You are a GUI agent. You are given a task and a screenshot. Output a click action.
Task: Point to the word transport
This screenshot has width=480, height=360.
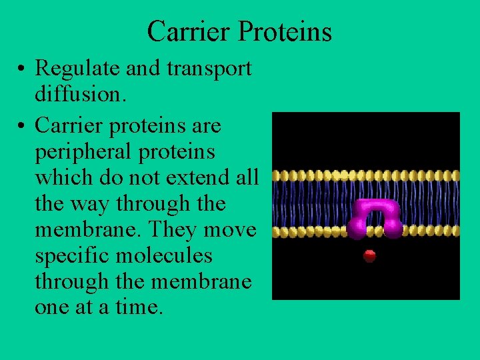213,69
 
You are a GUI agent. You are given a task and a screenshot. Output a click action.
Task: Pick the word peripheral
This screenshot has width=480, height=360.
79,151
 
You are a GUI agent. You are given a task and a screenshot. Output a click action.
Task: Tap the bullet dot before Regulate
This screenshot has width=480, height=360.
23,69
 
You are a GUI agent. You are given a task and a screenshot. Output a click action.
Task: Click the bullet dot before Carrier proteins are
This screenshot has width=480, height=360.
23,126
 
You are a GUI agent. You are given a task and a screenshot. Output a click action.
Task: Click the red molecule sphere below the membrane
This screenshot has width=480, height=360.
369,256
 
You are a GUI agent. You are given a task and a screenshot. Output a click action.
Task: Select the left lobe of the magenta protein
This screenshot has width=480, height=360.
355,229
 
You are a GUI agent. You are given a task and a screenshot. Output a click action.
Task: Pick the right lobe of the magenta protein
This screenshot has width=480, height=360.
393,229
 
